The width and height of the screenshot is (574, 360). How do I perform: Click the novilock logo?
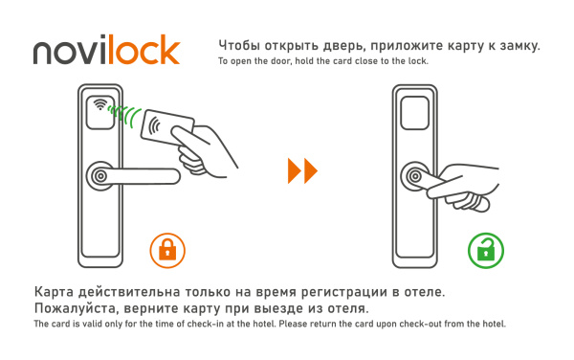pyautogui.click(x=106, y=50)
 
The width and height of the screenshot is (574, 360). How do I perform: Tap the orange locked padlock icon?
pyautogui.click(x=167, y=251)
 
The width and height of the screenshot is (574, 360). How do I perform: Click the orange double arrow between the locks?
pyautogui.click(x=302, y=172)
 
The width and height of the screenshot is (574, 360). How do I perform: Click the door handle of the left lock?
pyautogui.click(x=134, y=176)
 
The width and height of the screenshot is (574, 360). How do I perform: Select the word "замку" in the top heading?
pyautogui.click(x=519, y=45)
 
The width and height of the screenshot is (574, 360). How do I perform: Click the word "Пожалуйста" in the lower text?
pyautogui.click(x=77, y=310)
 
